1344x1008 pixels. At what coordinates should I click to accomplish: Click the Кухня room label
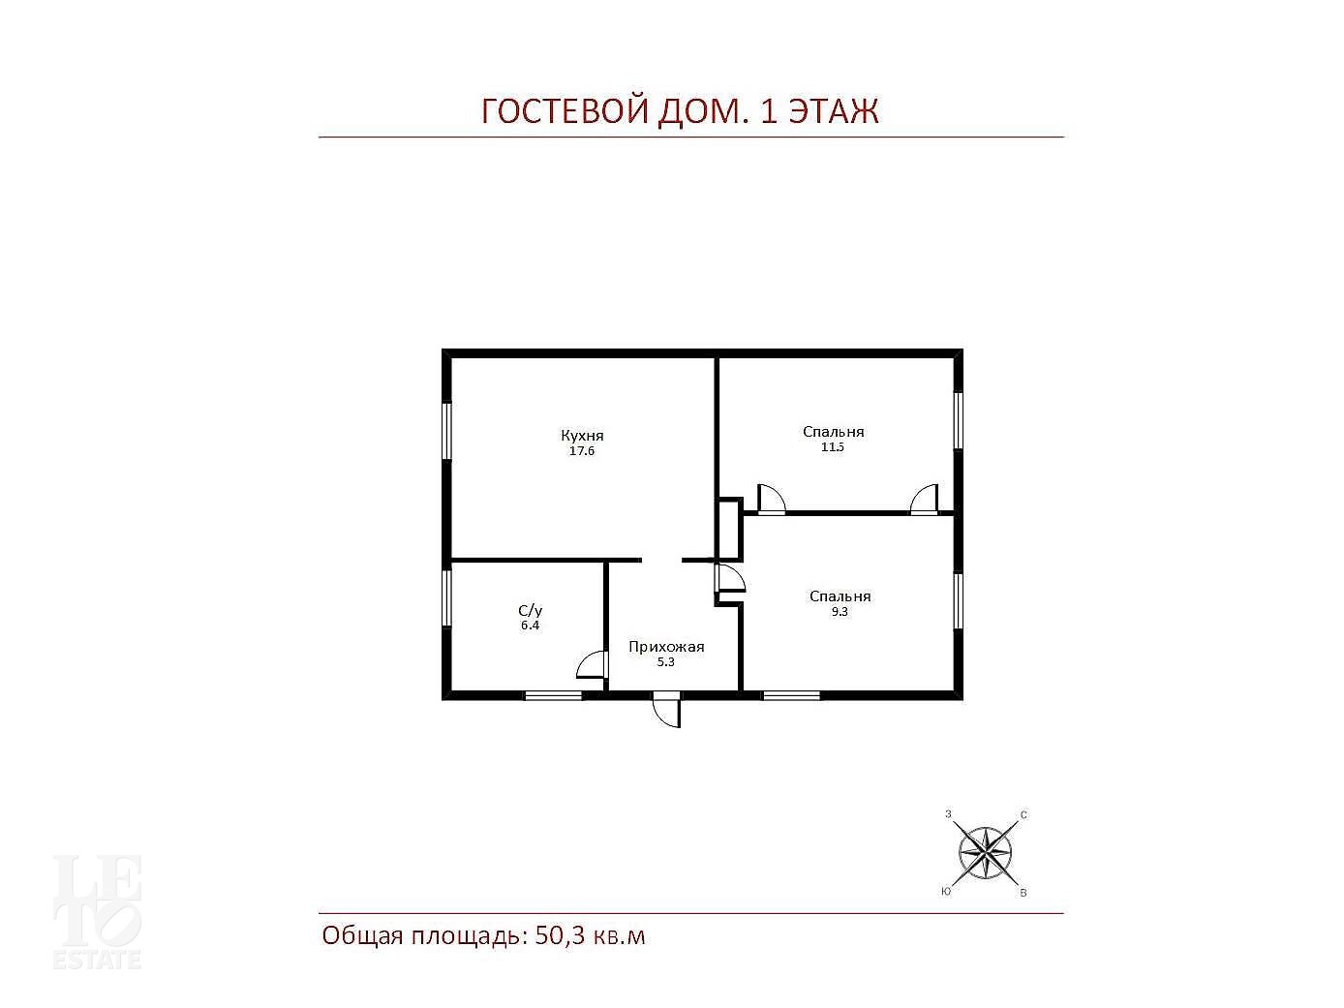pos(582,435)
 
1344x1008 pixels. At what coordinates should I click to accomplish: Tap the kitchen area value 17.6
pos(582,451)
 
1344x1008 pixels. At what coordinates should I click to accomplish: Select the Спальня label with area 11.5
pos(833,432)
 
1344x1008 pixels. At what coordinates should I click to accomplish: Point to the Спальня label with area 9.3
pos(840,596)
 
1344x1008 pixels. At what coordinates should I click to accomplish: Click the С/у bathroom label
pos(531,610)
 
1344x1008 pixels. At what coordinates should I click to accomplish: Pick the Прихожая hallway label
pos(666,646)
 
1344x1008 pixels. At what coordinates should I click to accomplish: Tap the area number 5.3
pos(665,662)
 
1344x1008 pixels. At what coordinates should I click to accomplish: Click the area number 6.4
pos(531,626)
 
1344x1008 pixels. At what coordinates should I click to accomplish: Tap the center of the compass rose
pos(985,852)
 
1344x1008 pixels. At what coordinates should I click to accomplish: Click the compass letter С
pos(1023,815)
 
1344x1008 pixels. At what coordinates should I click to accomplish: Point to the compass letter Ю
pos(946,892)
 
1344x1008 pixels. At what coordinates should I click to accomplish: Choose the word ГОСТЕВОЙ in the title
pos(565,111)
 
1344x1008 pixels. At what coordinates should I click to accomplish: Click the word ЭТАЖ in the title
pos(834,111)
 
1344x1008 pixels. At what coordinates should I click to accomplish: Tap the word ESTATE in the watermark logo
pos(98,960)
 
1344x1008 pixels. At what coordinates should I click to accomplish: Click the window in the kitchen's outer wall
pos(446,431)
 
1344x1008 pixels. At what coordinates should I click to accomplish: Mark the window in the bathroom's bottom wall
pos(554,695)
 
